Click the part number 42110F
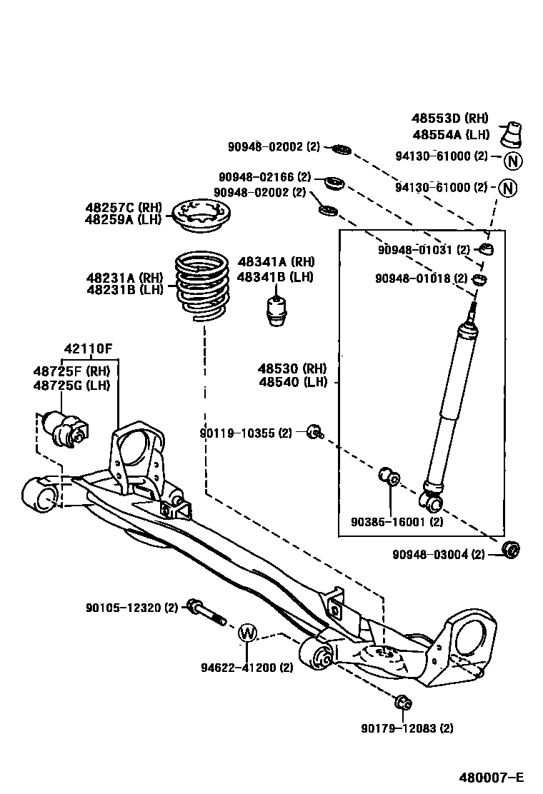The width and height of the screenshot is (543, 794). [x=88, y=349]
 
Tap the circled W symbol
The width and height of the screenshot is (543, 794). [x=246, y=632]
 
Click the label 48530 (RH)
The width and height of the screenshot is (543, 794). [x=292, y=368]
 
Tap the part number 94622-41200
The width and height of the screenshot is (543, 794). [x=246, y=668]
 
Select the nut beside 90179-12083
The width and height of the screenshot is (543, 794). [x=402, y=702]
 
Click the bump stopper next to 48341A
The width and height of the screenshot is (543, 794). [x=277, y=308]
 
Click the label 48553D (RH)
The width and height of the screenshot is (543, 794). [x=450, y=119]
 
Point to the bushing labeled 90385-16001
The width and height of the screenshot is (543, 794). [x=389, y=476]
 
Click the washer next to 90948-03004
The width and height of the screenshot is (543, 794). [x=511, y=550]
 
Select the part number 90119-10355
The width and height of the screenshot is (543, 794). [x=246, y=433]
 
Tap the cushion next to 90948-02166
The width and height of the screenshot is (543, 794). [x=334, y=183]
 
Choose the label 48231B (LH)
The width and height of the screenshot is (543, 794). [x=124, y=289]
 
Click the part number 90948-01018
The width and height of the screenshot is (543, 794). [x=422, y=278]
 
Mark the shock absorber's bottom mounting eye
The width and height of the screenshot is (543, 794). [x=433, y=501]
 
